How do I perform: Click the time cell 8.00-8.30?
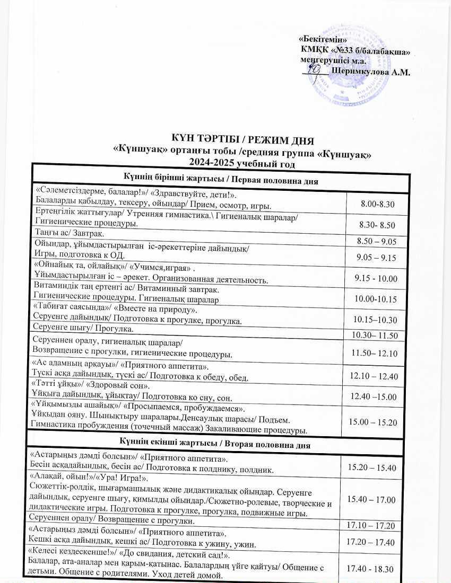click(x=377, y=204)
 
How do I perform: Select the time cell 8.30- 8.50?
click(x=377, y=225)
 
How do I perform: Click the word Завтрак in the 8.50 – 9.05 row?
click(x=88, y=233)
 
